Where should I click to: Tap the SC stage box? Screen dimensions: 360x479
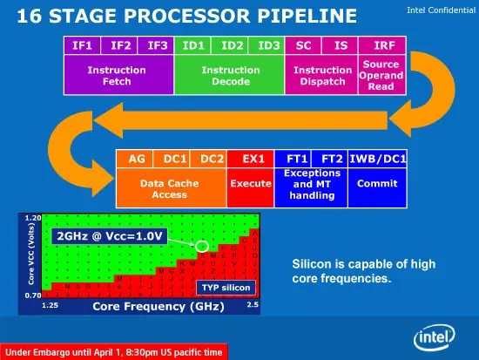point(305,44)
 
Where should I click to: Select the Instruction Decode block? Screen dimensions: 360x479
point(230,76)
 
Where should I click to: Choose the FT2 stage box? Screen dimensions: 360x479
point(331,159)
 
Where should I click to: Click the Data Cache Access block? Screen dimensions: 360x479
point(171,190)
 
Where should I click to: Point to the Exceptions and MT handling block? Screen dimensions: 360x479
point(311,185)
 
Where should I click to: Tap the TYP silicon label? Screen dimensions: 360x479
point(226,286)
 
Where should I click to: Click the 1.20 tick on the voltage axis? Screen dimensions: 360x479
point(32,217)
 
